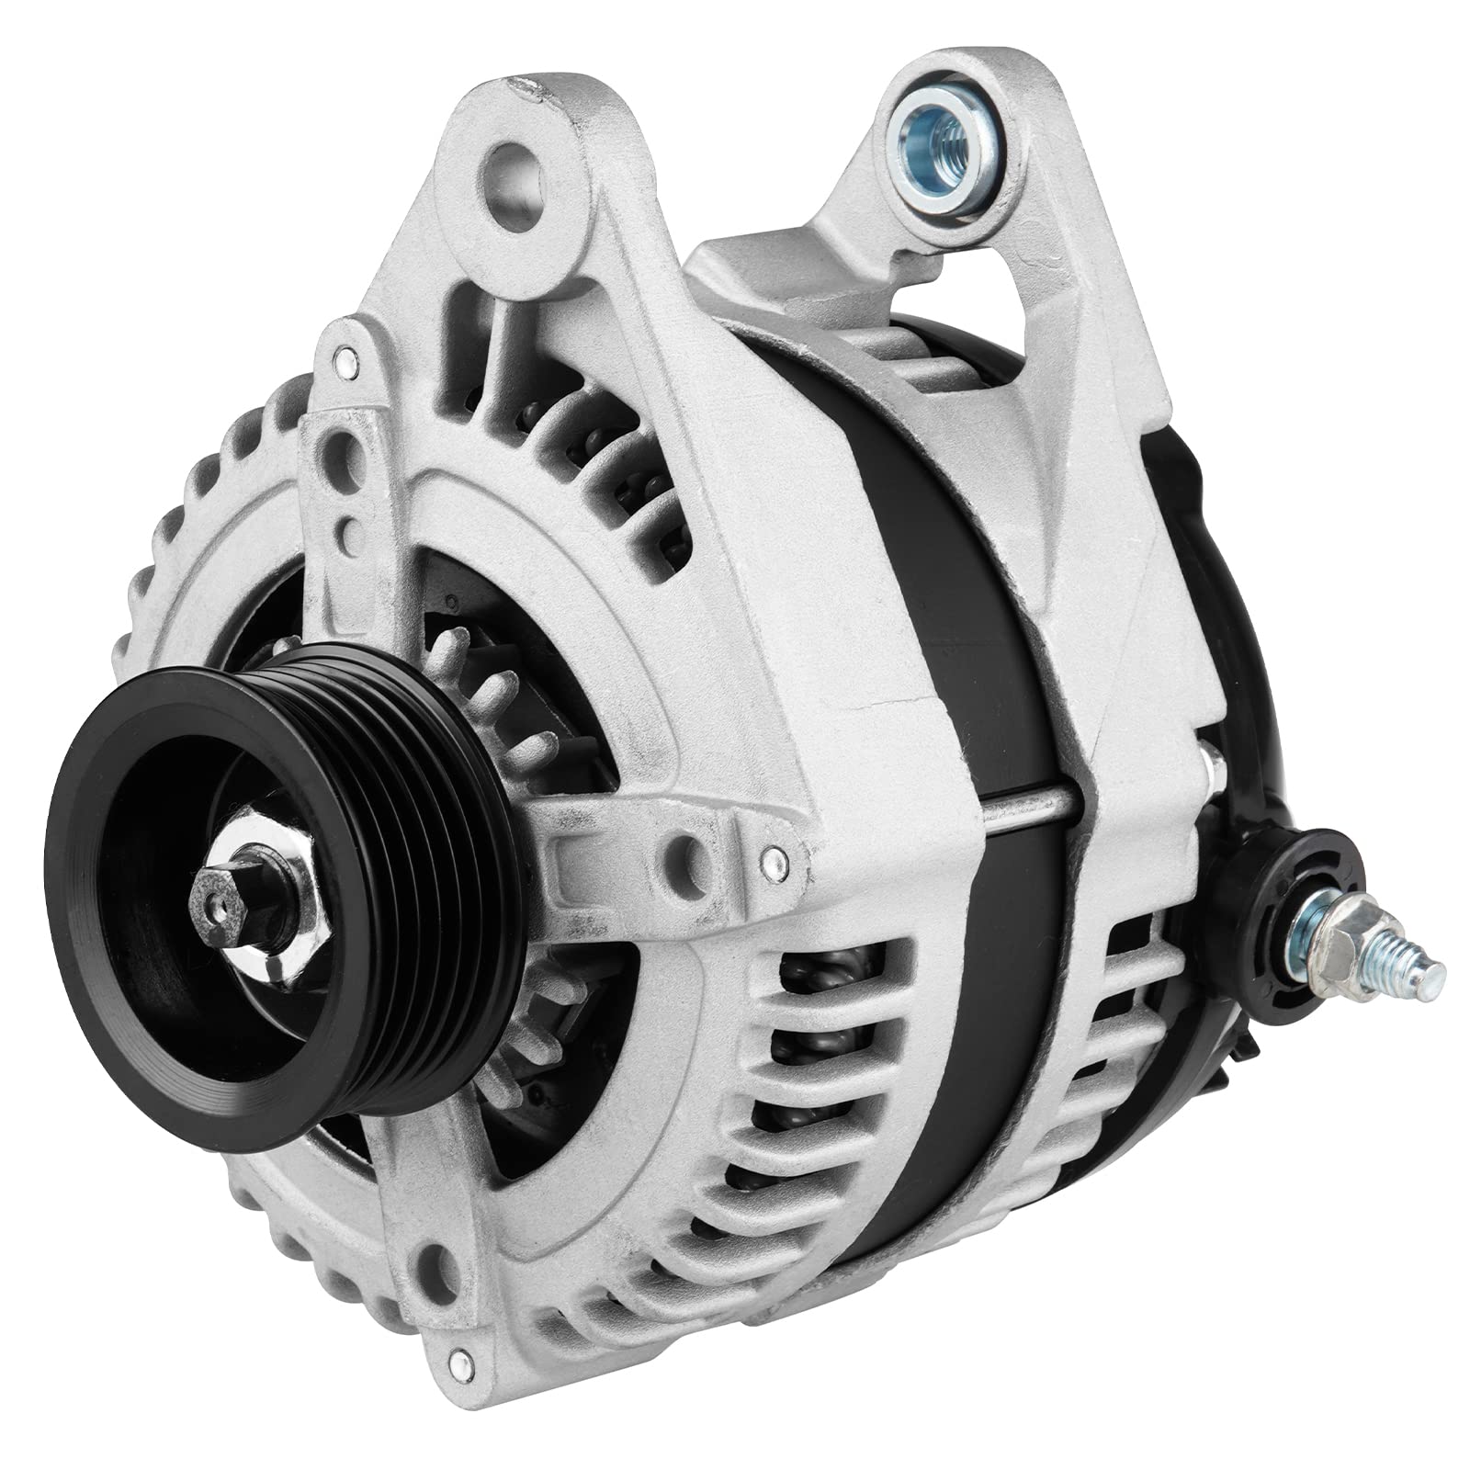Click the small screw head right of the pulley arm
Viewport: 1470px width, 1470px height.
pos(775,859)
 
